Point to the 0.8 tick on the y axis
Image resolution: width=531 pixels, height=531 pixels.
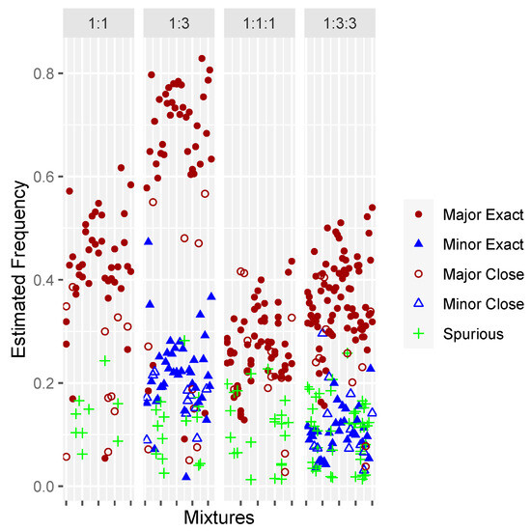pyautogui.click(x=42, y=73)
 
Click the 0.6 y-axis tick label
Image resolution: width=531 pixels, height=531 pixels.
pyautogui.click(x=42, y=177)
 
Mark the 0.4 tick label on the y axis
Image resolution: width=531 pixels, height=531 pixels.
pyautogui.click(x=42, y=280)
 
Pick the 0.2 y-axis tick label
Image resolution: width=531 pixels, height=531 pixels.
pyautogui.click(x=42, y=383)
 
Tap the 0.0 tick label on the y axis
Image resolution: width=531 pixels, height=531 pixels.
pyautogui.click(x=42, y=487)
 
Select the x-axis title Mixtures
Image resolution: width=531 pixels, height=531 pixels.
pyautogui.click(x=219, y=518)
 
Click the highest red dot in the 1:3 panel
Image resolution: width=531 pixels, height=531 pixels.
pyautogui.click(x=202, y=59)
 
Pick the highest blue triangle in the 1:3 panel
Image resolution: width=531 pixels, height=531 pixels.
pyautogui.click(x=149, y=240)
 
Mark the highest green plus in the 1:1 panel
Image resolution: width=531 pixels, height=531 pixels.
pyautogui.click(x=104, y=361)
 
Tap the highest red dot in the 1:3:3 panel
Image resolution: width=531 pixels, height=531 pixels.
pyautogui.click(x=373, y=208)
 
